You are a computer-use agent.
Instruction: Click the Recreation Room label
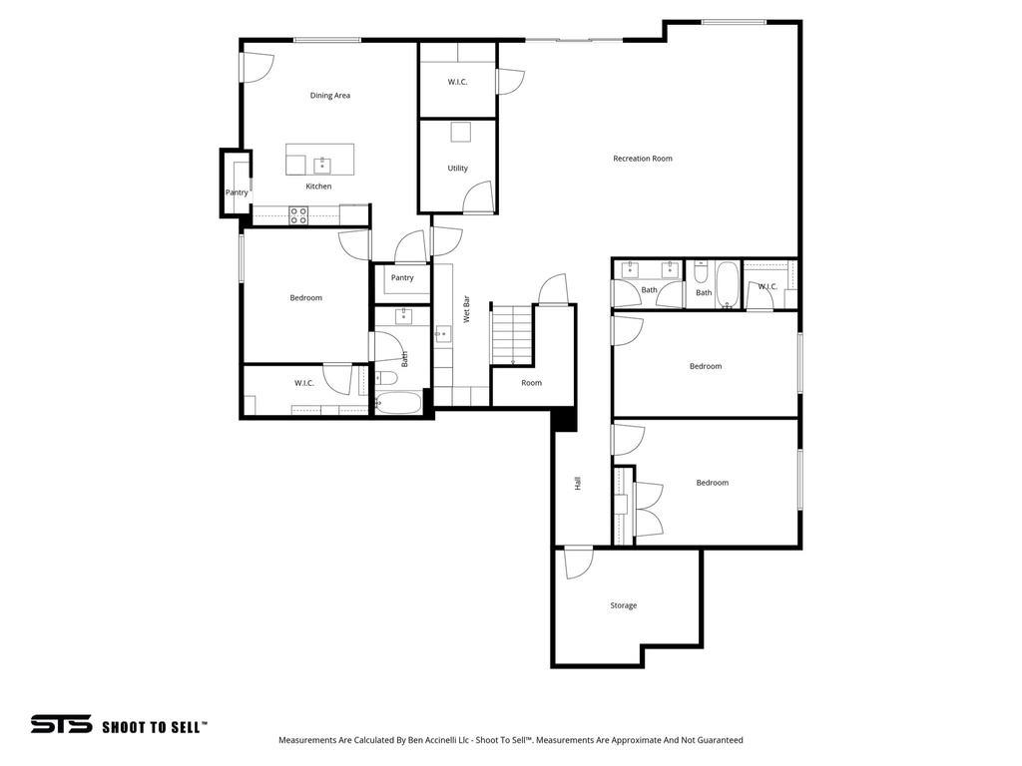pos(642,159)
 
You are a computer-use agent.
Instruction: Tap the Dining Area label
pos(329,96)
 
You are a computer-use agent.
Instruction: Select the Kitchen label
pos(318,187)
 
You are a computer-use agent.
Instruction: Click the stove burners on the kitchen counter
pos(298,215)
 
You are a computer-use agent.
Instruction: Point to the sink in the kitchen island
pos(322,165)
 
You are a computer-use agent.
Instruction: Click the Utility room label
pos(457,169)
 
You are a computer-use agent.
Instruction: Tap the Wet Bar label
pos(466,311)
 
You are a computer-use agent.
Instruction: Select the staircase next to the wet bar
pos(511,335)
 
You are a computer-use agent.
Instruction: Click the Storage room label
pos(623,605)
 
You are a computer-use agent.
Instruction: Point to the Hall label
pos(577,483)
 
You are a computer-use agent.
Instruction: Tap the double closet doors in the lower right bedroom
pos(648,509)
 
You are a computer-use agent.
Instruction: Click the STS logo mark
pos(61,725)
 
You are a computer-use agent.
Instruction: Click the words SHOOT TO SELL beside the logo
pos(155,727)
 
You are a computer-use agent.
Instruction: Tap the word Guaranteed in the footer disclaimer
pos(719,740)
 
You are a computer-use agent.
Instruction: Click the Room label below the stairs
pos(531,383)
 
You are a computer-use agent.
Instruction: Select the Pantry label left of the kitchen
pos(237,192)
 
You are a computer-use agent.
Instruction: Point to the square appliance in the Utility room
pos(459,133)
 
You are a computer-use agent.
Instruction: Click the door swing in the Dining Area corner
pos(256,67)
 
